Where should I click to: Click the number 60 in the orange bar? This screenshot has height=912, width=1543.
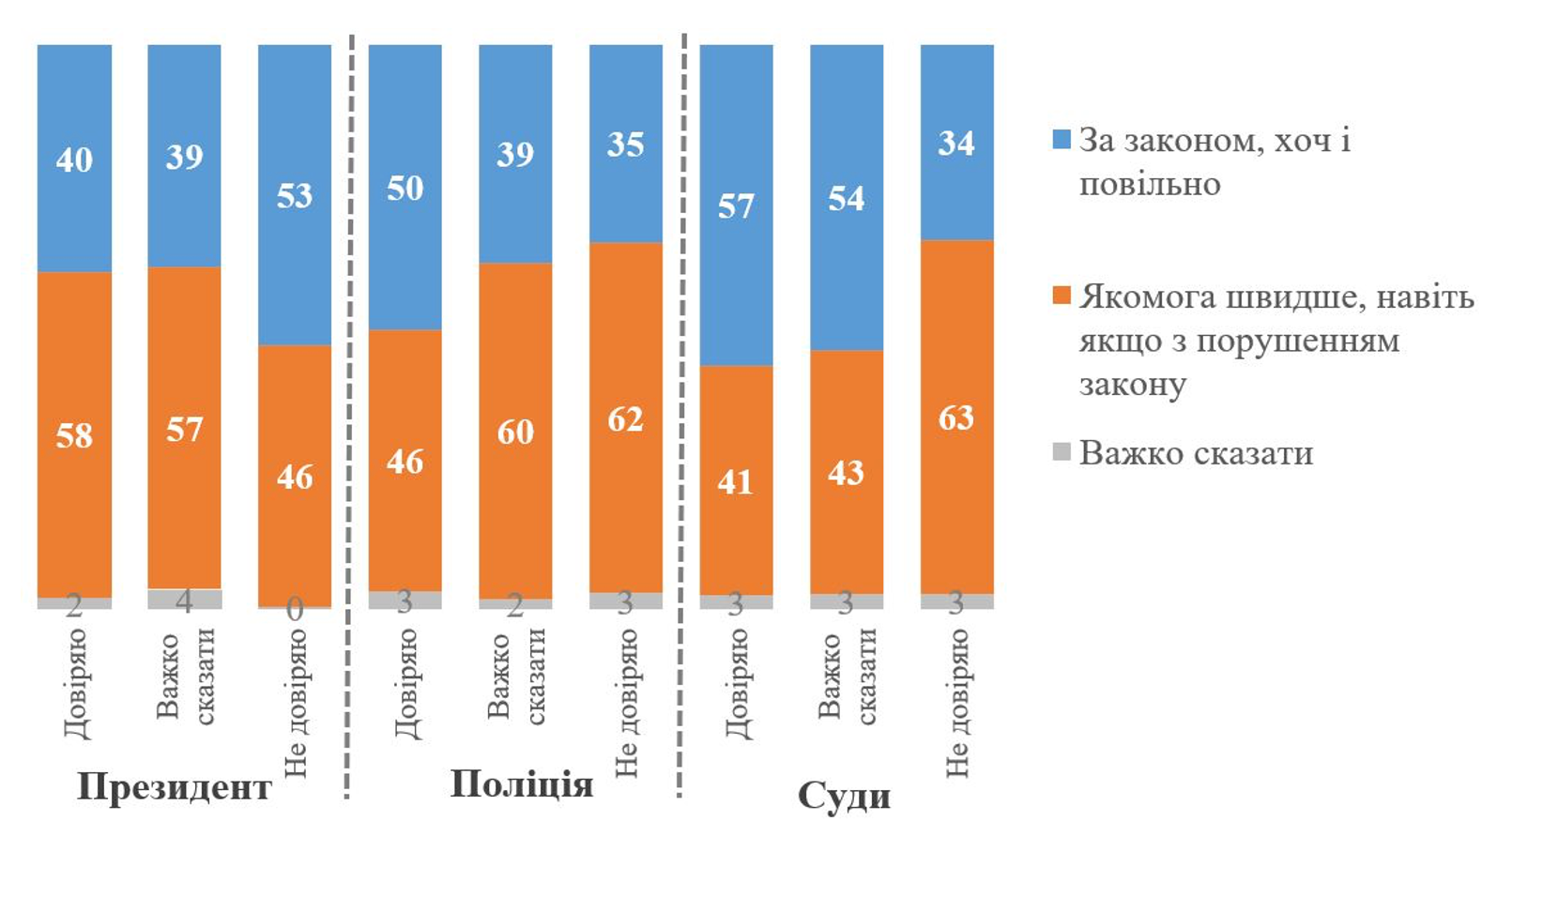515,432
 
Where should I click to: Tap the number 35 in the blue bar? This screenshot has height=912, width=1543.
625,144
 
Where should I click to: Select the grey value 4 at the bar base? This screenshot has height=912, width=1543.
185,600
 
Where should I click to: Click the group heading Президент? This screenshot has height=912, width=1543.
175,786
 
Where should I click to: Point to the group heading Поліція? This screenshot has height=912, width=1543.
522,783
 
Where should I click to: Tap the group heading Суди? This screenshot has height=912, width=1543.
844,796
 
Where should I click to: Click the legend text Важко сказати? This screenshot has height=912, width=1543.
1196,453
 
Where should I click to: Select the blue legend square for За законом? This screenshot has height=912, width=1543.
1062,141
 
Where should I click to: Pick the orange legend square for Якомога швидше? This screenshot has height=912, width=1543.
1062,296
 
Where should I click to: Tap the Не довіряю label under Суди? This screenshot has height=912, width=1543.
956,702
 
